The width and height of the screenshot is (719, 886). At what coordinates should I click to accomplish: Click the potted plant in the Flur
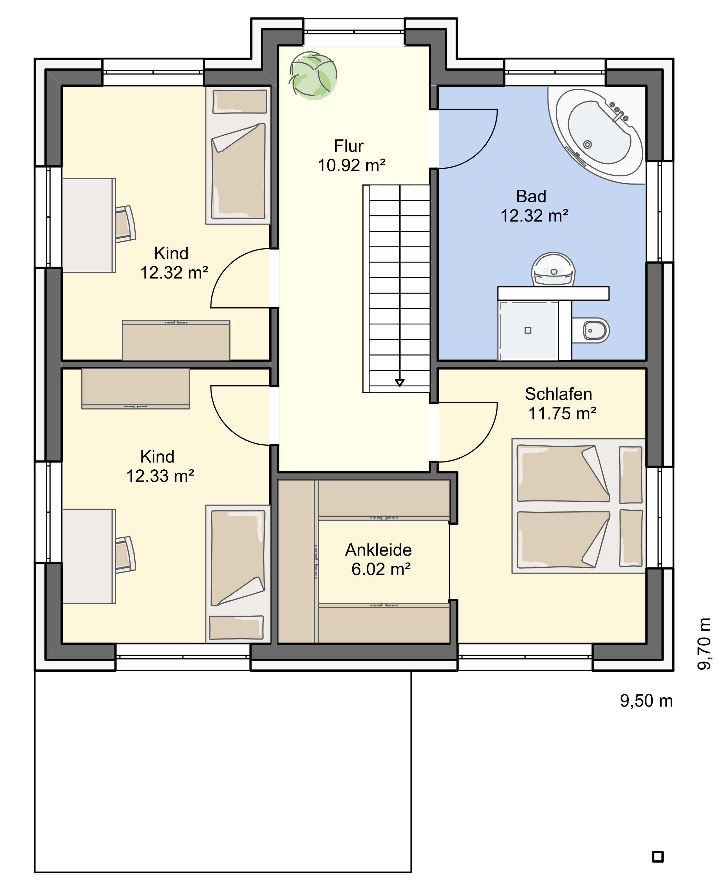point(313,76)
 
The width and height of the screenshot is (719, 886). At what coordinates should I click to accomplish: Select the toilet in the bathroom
point(591,331)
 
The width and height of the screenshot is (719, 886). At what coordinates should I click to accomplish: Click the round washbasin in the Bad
point(553,269)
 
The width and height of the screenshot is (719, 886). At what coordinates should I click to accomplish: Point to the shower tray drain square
point(528,330)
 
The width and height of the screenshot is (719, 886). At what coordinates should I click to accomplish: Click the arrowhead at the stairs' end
point(399,382)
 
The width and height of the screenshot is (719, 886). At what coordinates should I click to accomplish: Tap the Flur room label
point(349,146)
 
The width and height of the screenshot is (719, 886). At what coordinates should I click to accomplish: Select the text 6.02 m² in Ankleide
point(381,569)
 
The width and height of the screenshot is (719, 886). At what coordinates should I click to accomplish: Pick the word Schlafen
point(558,394)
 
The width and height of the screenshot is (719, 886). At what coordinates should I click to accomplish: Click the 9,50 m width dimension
point(646,700)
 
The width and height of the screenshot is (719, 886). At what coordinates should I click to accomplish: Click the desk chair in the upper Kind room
point(125,224)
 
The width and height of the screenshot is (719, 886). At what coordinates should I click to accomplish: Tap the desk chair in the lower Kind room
point(125,554)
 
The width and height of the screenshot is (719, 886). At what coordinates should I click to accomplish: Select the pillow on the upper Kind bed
point(240,102)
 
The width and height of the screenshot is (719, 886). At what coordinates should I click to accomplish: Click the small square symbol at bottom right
point(658,857)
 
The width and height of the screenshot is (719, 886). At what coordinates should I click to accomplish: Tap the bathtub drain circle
point(587,144)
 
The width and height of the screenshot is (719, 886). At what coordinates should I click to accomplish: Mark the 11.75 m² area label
point(562,413)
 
